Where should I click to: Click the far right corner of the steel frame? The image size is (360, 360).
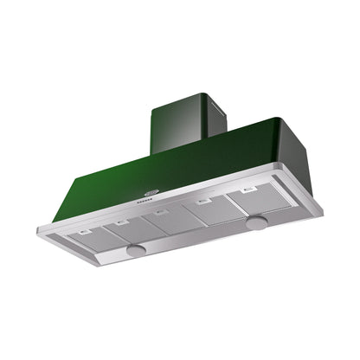click(x=323, y=209)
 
